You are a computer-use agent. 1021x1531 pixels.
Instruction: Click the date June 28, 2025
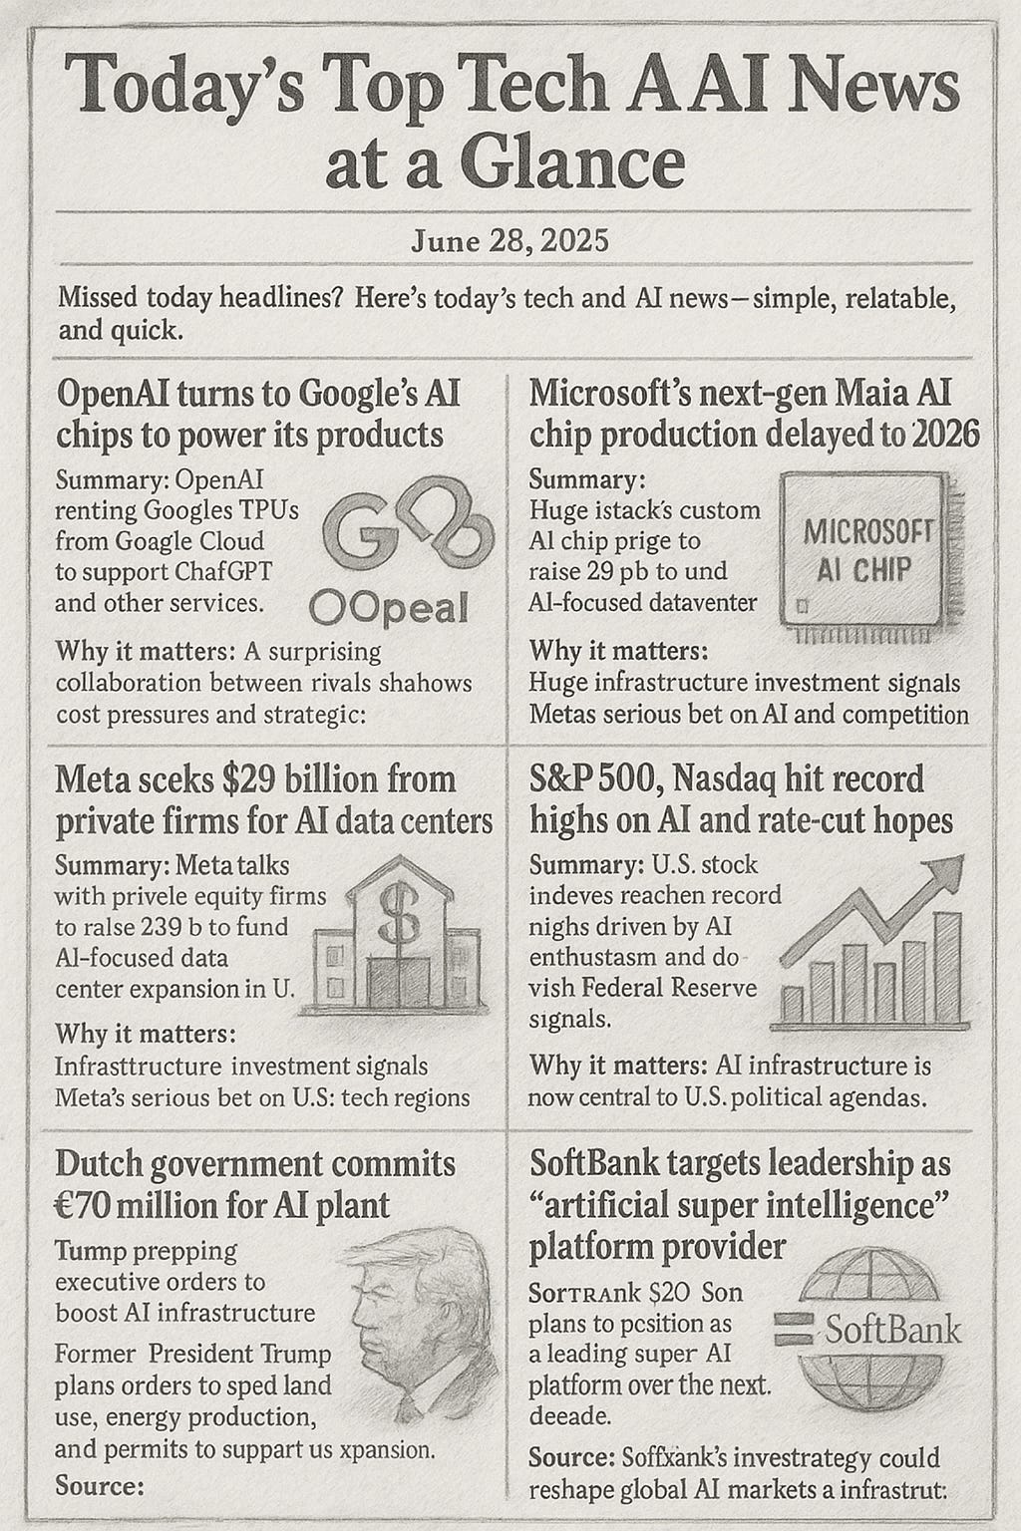510,241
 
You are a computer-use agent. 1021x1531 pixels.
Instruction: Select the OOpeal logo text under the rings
389,607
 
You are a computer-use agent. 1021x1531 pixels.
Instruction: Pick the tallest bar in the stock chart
947,967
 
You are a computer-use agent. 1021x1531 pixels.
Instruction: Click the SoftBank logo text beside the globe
889,1329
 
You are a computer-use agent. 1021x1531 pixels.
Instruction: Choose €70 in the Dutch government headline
87,1205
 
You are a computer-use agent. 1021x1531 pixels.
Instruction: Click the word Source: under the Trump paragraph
100,1485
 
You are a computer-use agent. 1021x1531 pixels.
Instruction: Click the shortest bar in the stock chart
793,1004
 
